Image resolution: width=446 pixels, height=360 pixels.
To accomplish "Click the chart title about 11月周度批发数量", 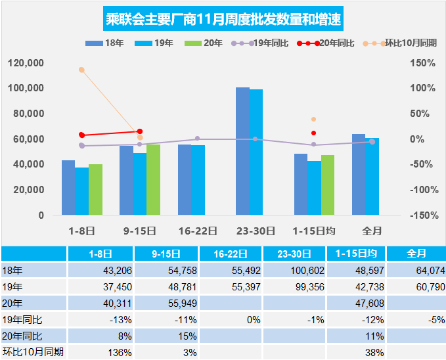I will point(223,19).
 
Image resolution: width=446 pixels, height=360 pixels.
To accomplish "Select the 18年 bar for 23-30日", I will point(242,151).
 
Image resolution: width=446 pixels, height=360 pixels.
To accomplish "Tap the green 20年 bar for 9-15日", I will point(153,179).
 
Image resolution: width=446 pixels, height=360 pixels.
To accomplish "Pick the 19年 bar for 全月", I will point(372,176).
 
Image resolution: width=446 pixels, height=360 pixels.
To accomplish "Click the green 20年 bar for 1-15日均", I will point(327,185).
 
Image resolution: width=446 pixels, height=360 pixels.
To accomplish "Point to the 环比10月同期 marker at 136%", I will point(81,70).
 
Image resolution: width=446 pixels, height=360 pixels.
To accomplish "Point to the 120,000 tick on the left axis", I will point(27,63).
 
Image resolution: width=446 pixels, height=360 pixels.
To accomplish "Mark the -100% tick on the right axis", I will point(421,190).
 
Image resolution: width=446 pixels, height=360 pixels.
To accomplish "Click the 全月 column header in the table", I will point(416,254).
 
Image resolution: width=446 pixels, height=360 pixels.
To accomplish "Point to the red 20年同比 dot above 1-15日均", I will point(313,133).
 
